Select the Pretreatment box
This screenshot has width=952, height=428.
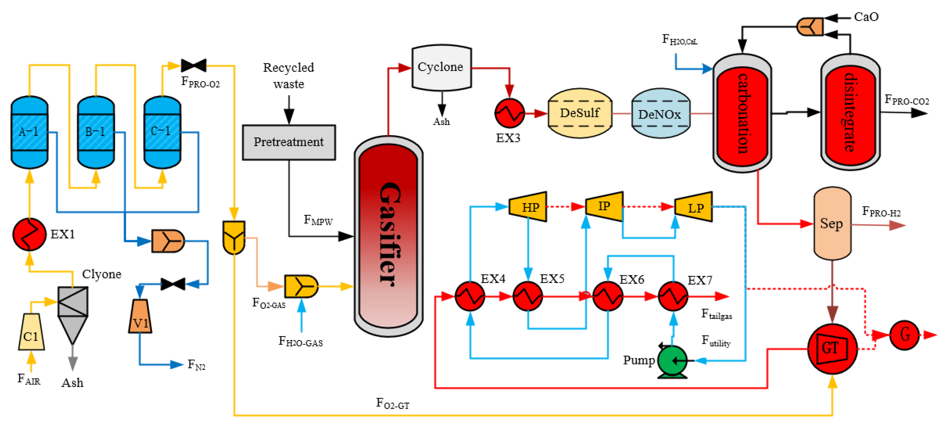tap(289, 142)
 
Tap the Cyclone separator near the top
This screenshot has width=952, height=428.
tap(441, 68)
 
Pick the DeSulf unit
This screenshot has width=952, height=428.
tap(580, 113)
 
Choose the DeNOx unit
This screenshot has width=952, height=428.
tap(660, 114)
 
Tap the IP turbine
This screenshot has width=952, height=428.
tap(604, 206)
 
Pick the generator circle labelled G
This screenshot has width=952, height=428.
tap(904, 335)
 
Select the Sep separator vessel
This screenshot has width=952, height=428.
tap(832, 223)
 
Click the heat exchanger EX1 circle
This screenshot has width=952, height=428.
tap(29, 234)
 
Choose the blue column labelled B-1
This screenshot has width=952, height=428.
tap(96, 132)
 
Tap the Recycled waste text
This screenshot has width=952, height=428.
tap(289, 76)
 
